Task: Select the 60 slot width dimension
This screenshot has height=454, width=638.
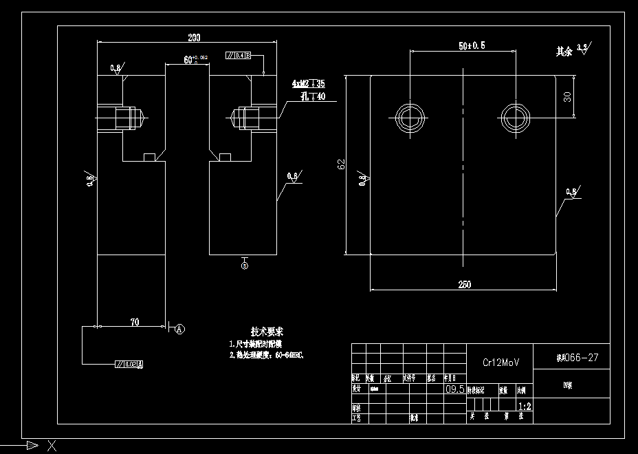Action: pos(188,61)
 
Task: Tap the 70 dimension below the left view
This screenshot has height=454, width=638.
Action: pos(134,321)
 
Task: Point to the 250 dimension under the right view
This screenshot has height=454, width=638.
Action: pos(464,285)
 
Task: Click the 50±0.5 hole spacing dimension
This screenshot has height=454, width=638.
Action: pos(472,46)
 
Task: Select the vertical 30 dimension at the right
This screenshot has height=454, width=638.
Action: pos(567,96)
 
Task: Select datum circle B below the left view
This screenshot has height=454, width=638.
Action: pos(245,265)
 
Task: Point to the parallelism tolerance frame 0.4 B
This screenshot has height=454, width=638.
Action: pos(239,55)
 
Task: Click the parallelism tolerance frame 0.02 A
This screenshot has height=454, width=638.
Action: pos(129,364)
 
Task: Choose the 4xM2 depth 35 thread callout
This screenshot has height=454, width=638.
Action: pos(309,84)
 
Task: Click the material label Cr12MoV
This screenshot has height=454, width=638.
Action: pos(500,362)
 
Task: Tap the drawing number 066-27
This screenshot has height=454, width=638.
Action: pos(572,357)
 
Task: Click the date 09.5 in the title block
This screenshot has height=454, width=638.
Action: pos(455,389)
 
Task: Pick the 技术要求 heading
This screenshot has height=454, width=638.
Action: pos(267,332)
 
